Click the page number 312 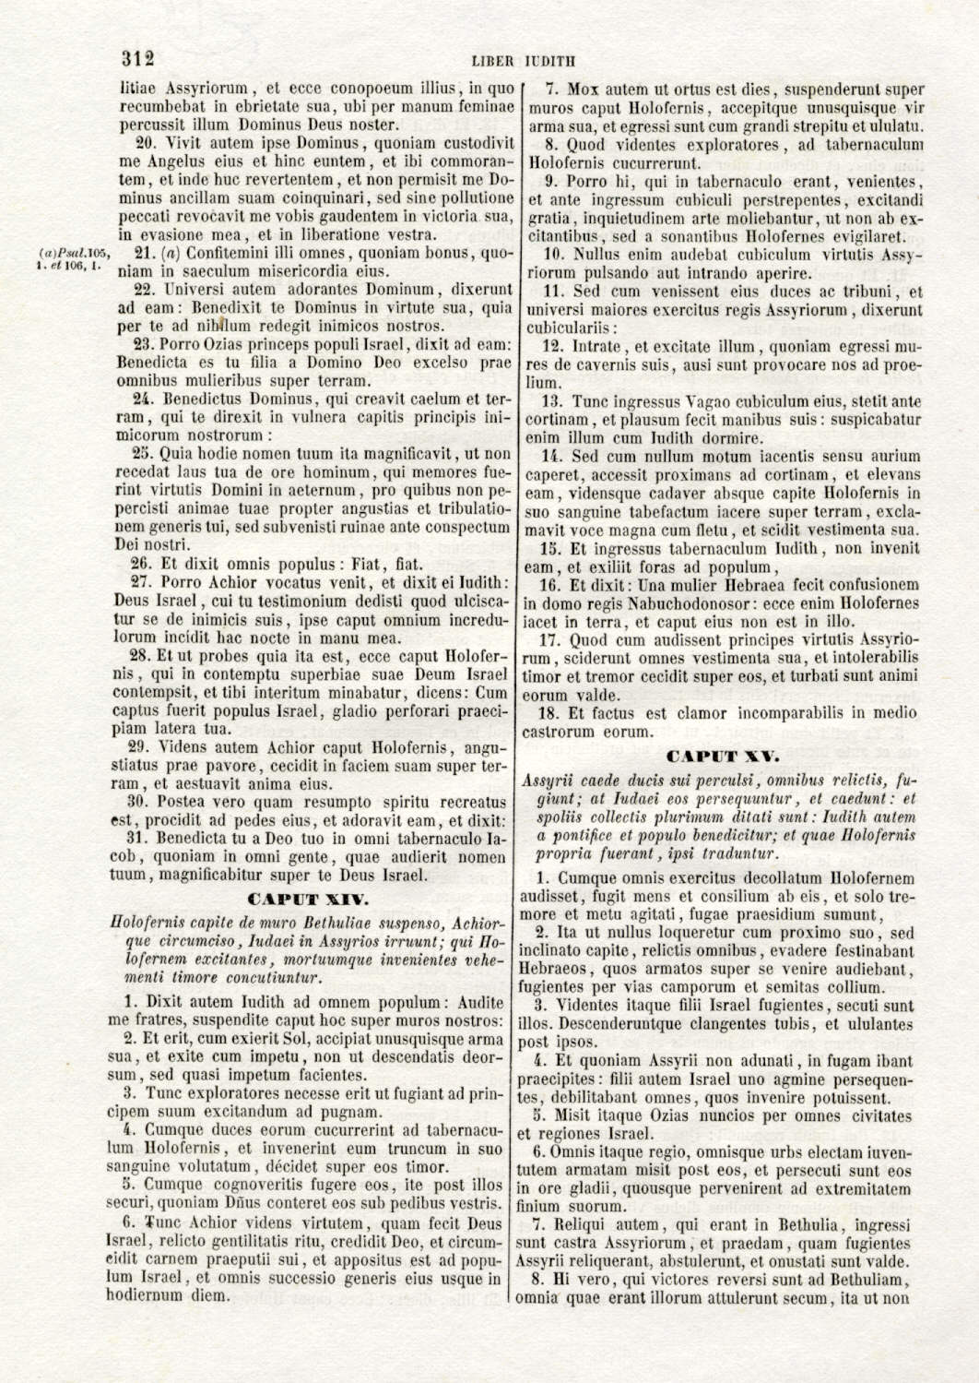point(137,58)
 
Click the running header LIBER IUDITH point(523,62)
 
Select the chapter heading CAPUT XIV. point(309,899)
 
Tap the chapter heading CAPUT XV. point(723,757)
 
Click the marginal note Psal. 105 point(75,253)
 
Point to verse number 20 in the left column point(144,143)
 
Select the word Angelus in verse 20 point(170,161)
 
